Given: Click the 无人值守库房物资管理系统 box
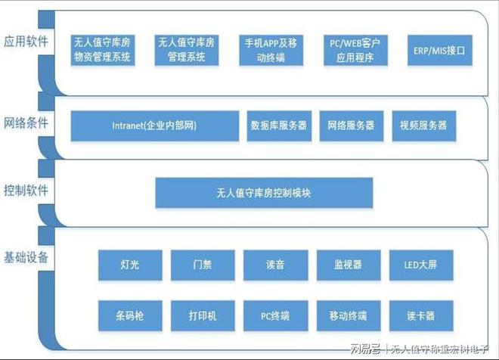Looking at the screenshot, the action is (x=103, y=50).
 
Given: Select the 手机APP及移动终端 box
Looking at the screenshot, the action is (x=271, y=50).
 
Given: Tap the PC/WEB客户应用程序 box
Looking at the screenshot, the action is (x=355, y=50).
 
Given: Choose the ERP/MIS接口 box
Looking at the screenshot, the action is (x=440, y=50).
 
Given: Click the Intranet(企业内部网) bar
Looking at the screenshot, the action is (x=155, y=126).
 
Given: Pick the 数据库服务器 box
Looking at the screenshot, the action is (x=279, y=126).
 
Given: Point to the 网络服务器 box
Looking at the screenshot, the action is (x=352, y=126).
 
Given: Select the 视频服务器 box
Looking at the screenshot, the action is (x=424, y=126).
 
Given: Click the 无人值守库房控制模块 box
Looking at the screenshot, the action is (x=264, y=193).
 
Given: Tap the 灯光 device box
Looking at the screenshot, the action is (x=130, y=265).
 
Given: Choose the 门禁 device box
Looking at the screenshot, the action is (x=203, y=265).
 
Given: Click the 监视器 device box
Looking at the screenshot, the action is (x=349, y=265).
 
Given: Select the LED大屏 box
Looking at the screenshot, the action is (x=421, y=265).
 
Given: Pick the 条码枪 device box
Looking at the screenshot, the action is (x=130, y=315).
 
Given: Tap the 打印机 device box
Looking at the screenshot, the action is (x=203, y=315).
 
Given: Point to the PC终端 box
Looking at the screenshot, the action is (x=276, y=315).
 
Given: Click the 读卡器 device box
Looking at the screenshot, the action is (x=421, y=315).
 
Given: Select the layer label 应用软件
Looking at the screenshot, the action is (x=26, y=42).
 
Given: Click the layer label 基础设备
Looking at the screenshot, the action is (x=26, y=257).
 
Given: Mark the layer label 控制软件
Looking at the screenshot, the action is (x=26, y=191).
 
